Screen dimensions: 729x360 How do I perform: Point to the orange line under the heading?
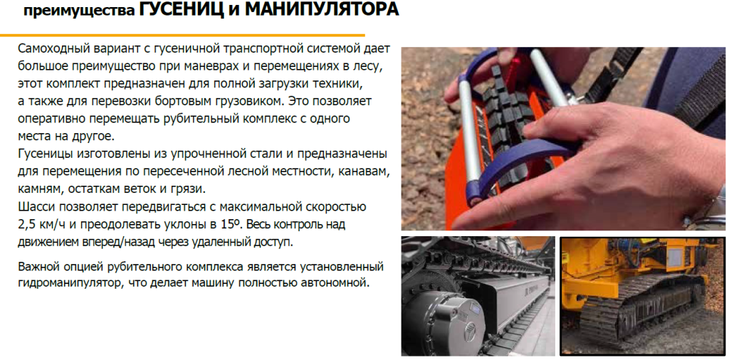[182, 35]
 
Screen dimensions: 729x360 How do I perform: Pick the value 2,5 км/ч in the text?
[42, 224]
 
